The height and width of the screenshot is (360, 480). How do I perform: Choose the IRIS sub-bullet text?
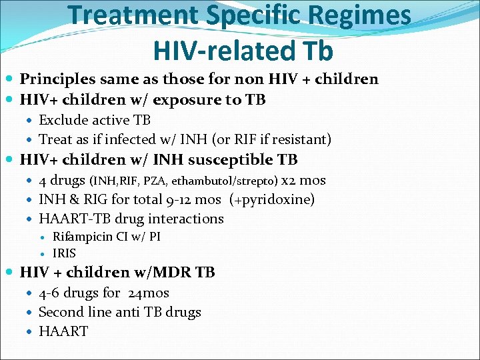(64, 253)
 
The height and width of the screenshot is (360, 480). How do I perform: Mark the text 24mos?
(148, 293)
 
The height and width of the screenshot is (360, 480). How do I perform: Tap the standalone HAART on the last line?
(63, 331)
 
